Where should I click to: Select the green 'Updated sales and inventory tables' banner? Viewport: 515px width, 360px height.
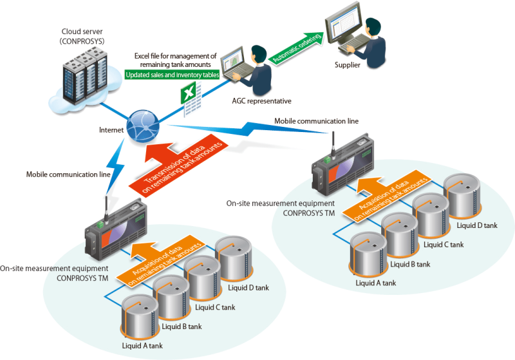coord(172,75)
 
